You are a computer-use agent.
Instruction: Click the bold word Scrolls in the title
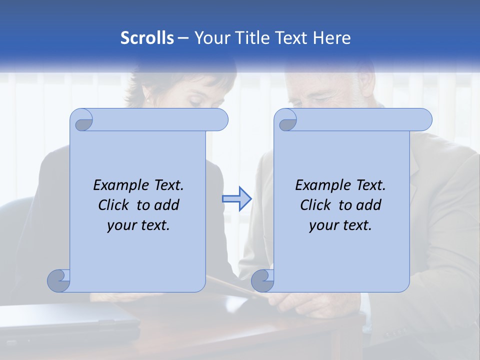(x=147, y=37)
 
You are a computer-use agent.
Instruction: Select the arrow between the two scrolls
(x=236, y=199)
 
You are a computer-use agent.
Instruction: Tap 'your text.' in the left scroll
(x=138, y=225)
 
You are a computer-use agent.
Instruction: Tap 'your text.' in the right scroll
(x=340, y=225)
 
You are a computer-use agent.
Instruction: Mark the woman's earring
(x=148, y=101)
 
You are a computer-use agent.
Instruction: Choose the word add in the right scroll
(x=369, y=205)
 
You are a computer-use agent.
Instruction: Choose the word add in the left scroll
(x=167, y=205)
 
